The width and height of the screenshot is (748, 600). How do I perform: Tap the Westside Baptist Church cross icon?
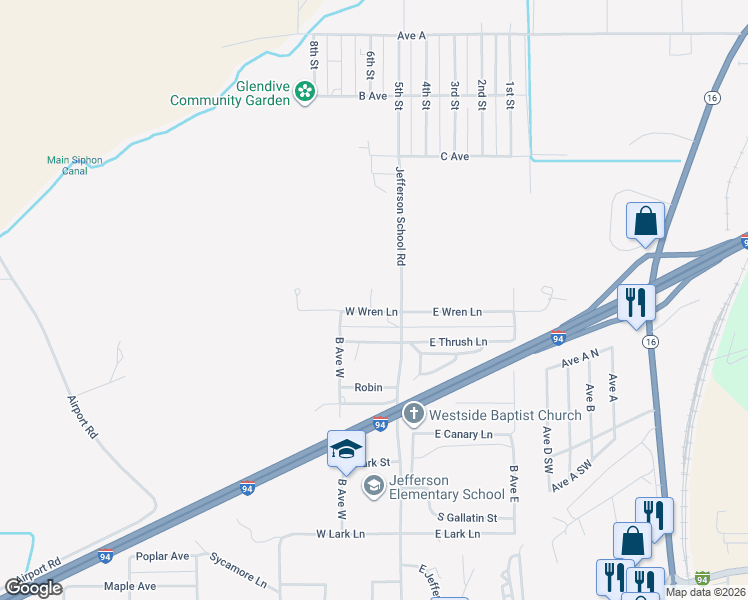pyautogui.click(x=413, y=413)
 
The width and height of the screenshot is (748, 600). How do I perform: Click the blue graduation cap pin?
pyautogui.click(x=346, y=449)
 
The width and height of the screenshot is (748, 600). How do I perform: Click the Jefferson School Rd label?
pyautogui.click(x=400, y=215)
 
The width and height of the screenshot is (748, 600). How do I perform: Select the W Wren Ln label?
pyautogui.click(x=371, y=312)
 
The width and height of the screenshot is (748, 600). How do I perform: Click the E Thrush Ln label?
pyautogui.click(x=458, y=342)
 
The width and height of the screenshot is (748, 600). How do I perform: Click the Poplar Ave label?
pyautogui.click(x=162, y=556)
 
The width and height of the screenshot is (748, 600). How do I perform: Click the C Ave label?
pyautogui.click(x=455, y=157)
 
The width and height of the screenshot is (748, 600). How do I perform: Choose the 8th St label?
pyautogui.click(x=314, y=54)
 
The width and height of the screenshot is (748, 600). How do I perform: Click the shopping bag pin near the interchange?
pyautogui.click(x=646, y=222)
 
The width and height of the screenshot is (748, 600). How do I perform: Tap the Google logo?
pyautogui.click(x=34, y=588)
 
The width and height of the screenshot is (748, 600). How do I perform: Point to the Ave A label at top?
pyautogui.click(x=411, y=35)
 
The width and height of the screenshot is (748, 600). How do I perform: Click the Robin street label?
pyautogui.click(x=369, y=387)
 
